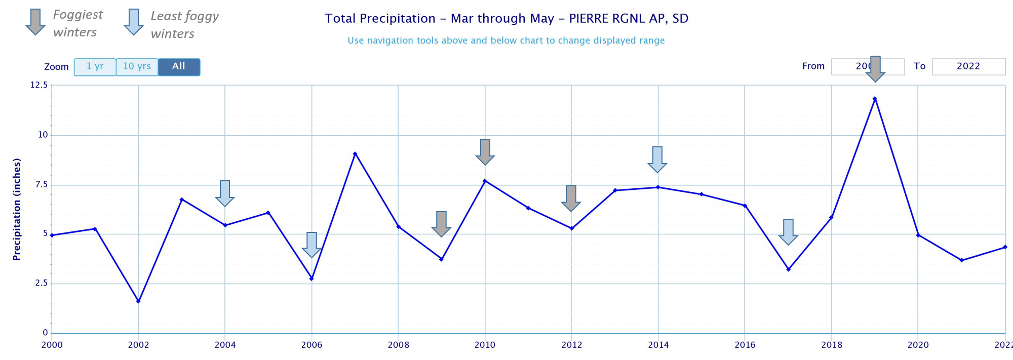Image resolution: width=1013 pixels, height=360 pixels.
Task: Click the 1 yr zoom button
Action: [95, 67]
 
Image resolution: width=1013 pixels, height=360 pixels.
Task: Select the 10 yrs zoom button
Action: [137, 67]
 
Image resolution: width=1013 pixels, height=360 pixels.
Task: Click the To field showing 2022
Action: [968, 66]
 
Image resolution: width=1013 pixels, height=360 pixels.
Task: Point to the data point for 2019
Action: [875, 99]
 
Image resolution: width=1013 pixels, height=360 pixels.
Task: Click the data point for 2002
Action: [138, 301]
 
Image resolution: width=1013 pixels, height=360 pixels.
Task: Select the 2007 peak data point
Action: [355, 154]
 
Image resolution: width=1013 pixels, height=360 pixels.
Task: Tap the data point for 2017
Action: [788, 269]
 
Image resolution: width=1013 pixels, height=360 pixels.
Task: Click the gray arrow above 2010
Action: [485, 151]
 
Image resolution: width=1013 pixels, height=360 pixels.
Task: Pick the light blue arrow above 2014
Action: [657, 159]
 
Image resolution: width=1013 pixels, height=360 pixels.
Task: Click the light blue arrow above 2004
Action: [225, 193]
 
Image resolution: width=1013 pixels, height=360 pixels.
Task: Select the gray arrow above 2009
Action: [441, 224]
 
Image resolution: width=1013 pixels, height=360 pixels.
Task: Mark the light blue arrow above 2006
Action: [311, 245]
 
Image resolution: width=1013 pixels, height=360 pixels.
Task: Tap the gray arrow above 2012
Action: [571, 198]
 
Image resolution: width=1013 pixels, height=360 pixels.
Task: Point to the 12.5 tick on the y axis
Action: [39, 85]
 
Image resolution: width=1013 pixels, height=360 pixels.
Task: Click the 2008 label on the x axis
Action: [398, 345]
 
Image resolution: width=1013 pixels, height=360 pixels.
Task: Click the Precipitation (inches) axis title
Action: [17, 209]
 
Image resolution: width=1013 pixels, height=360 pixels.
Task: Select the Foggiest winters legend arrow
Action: [35, 22]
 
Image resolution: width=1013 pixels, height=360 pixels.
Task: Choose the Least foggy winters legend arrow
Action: [134, 22]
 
